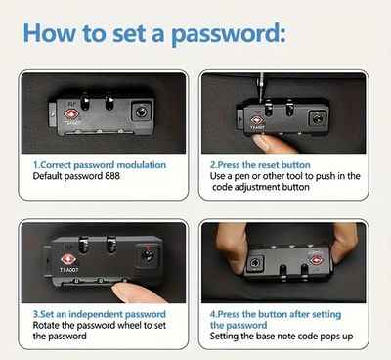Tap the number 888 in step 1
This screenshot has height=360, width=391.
(x=112, y=176)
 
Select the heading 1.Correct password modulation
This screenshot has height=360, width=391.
(x=100, y=165)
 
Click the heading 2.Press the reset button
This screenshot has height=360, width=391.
(x=260, y=165)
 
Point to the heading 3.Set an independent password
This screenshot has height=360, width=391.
(x=100, y=314)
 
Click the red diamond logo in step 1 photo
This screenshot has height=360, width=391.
(x=71, y=114)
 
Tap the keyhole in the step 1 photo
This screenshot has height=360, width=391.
(x=142, y=112)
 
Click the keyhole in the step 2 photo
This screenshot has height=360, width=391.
(x=317, y=118)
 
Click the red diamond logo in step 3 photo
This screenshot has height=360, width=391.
(x=68, y=260)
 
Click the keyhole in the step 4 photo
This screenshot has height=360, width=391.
(x=254, y=263)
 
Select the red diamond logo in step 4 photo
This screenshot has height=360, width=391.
(x=316, y=260)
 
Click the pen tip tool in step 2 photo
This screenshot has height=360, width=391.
(x=261, y=84)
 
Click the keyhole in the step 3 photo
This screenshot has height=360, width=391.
(x=147, y=255)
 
